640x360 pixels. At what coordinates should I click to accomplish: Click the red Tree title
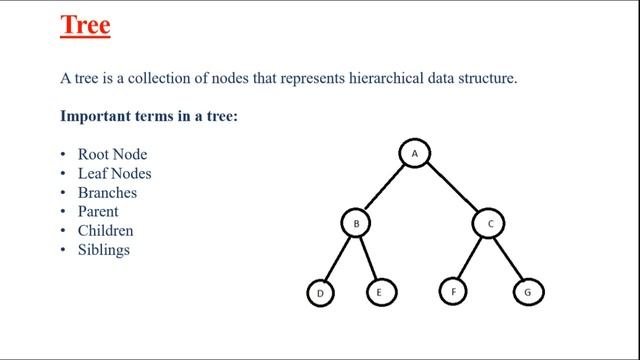(x=85, y=26)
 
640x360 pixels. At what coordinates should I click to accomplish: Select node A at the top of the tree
(x=414, y=153)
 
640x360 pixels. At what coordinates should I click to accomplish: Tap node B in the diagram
(x=355, y=224)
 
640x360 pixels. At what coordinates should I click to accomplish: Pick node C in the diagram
(x=489, y=224)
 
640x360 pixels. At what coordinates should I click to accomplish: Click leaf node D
(x=321, y=293)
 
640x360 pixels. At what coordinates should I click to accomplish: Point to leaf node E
(x=379, y=293)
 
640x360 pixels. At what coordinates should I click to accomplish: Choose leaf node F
(x=453, y=293)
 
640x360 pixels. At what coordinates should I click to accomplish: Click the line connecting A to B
(x=385, y=188)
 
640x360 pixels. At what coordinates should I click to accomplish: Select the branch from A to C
(x=451, y=188)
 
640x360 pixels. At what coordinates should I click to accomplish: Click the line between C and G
(x=508, y=258)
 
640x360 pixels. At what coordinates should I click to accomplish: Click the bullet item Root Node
(x=113, y=155)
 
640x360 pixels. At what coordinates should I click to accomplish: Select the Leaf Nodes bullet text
(x=114, y=174)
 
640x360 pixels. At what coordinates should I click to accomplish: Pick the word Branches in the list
(x=107, y=193)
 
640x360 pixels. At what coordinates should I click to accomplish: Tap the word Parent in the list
(x=98, y=212)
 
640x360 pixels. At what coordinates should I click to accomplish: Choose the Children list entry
(x=105, y=231)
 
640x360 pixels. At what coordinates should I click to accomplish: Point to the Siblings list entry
(x=104, y=250)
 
